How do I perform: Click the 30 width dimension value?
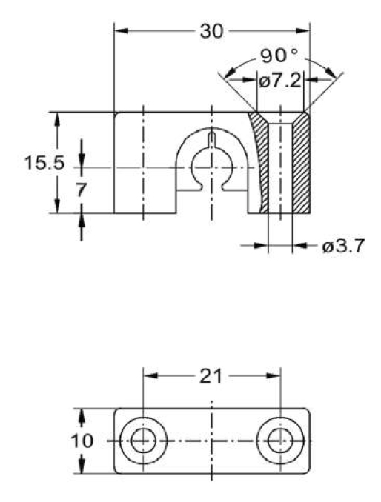[211, 31]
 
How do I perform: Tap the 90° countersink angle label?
[279, 56]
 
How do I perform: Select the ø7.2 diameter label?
[280, 81]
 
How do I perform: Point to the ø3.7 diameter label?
[343, 247]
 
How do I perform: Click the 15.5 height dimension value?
[44, 163]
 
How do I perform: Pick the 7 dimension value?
[81, 190]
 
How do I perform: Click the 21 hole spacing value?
[211, 376]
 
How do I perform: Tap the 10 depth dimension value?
[82, 441]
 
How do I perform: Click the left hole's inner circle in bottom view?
[144, 429]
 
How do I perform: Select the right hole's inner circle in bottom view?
[281, 429]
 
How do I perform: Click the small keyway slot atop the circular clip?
[212, 141]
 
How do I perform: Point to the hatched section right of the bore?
[301, 164]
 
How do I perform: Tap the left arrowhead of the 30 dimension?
[122, 31]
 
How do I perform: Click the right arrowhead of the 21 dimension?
[274, 376]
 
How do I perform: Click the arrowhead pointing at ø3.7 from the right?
[299, 246]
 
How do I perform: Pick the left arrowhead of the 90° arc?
[230, 73]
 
